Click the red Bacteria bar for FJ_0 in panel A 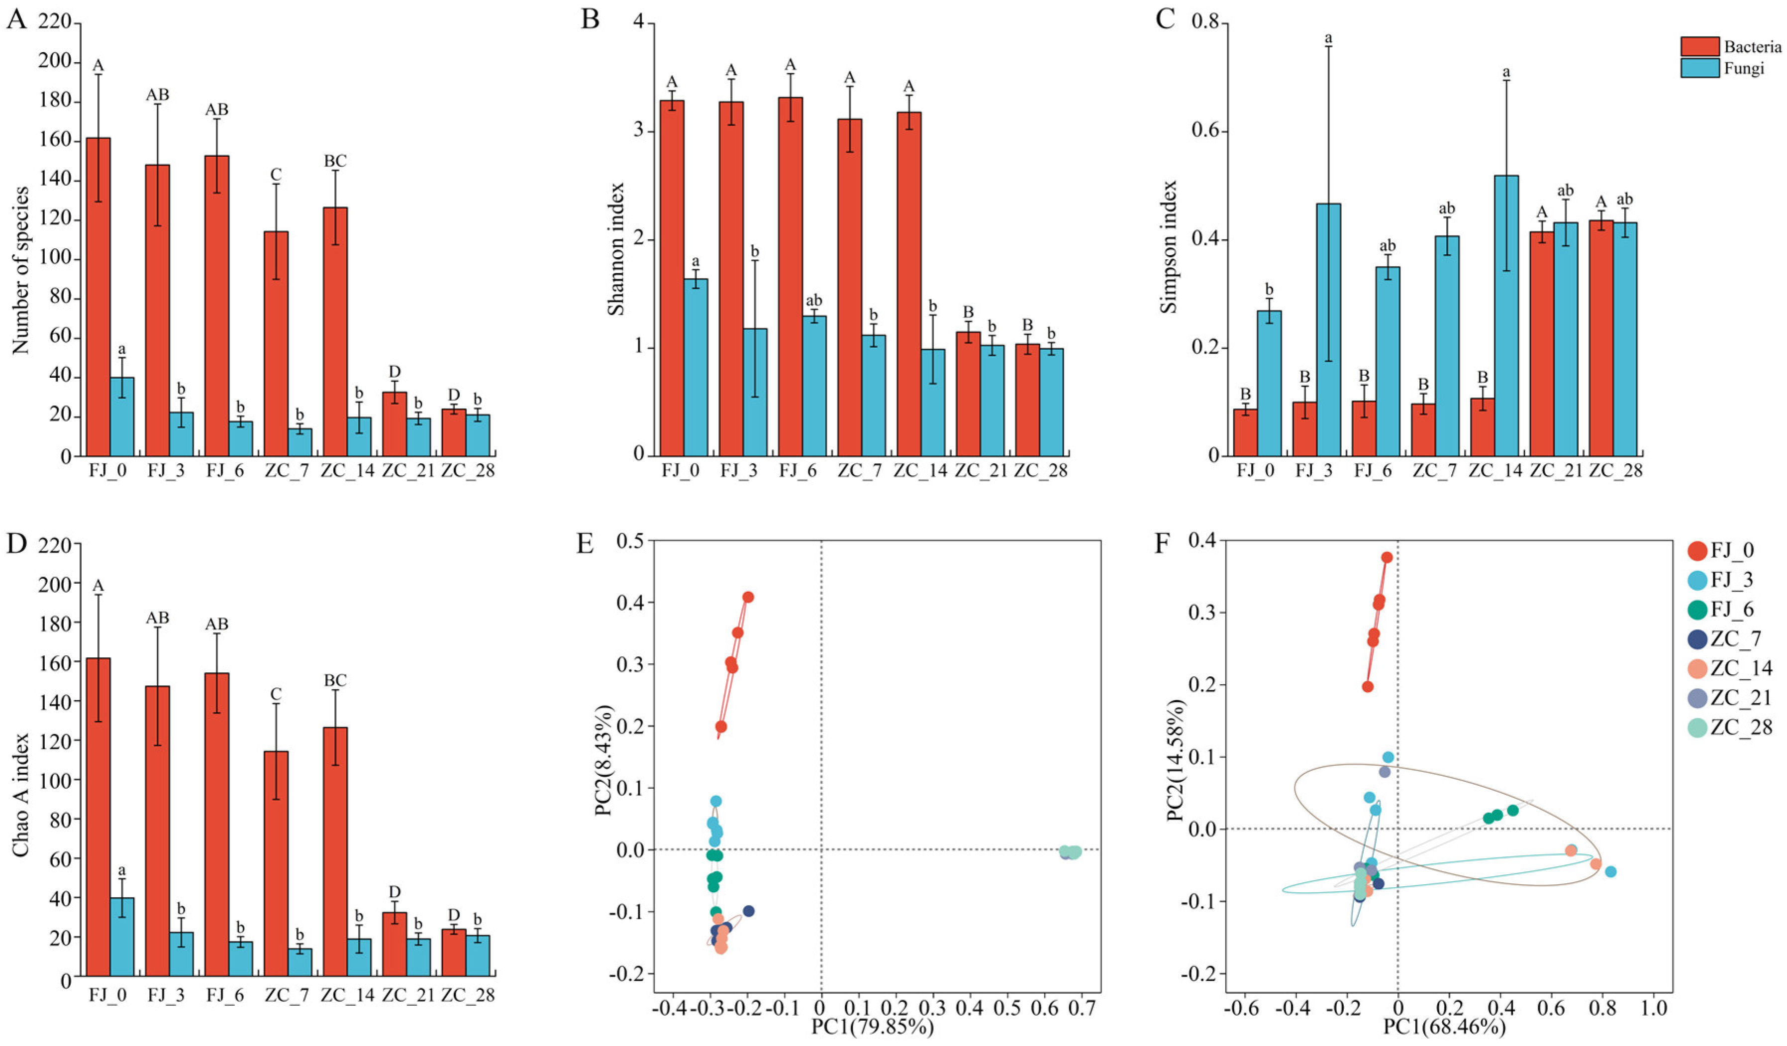click(x=98, y=297)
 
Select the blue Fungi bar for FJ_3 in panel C click(x=1328, y=330)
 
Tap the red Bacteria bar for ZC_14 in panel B click(x=909, y=284)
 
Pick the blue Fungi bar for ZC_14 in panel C click(x=1506, y=315)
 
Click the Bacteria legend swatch click(x=1700, y=47)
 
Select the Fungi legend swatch click(x=1700, y=68)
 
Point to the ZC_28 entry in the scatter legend click(x=1731, y=727)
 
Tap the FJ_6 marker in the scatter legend click(x=1697, y=609)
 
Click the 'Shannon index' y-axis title click(x=615, y=249)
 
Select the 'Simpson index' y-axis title click(x=1168, y=247)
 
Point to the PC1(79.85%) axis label click(x=873, y=1026)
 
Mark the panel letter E click(x=585, y=544)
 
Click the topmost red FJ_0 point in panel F click(x=1387, y=557)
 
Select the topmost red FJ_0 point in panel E click(x=747, y=597)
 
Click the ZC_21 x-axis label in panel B click(x=981, y=471)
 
